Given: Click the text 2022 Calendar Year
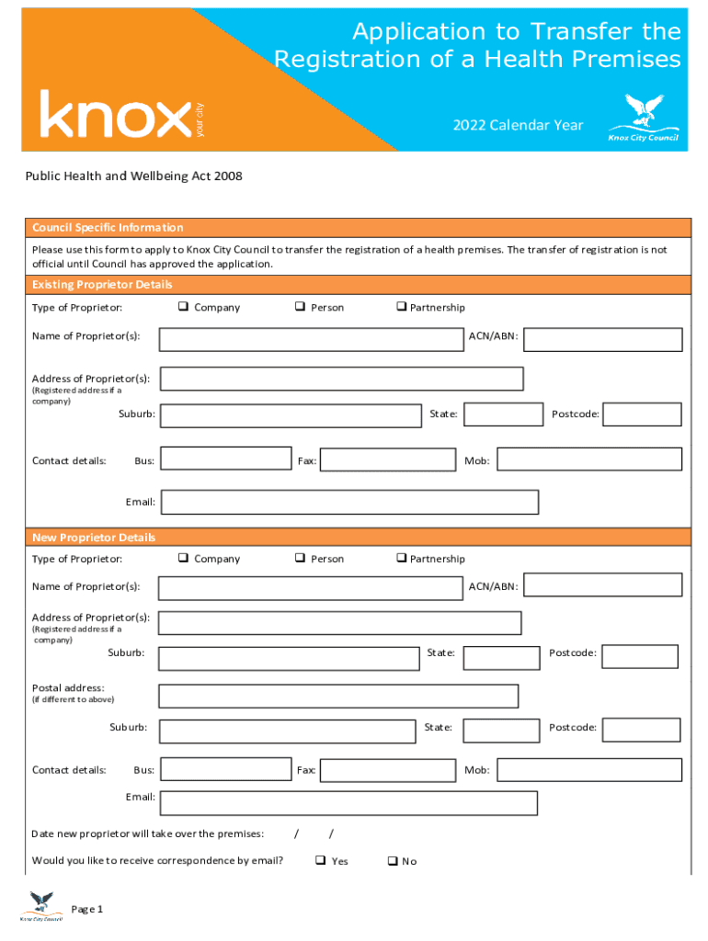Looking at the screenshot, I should coord(518,125).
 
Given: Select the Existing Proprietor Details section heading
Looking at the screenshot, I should coord(102,284).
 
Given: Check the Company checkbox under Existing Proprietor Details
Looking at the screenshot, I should coord(183,307).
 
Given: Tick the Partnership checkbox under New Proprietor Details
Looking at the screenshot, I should coord(401,558).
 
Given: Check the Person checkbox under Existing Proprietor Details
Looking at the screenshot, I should coord(300,307).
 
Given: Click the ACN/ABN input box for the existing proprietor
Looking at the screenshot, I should coord(602,340).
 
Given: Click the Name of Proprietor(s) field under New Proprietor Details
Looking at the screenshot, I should coord(310,588).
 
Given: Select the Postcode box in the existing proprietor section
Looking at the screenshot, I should coord(642,414).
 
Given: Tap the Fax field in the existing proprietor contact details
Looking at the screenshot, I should coord(387,459).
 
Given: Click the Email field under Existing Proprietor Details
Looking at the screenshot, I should coord(349,502).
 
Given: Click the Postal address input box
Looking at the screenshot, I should coord(338,696).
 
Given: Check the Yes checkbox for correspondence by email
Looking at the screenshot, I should coord(320,861).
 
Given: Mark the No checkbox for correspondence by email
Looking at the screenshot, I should coord(392,861).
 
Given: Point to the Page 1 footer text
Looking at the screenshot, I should coord(86,909).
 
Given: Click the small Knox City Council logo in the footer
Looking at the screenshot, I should coord(42,905).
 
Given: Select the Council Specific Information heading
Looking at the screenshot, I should coord(108,228).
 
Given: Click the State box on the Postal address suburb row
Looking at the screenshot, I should coord(500,731).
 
